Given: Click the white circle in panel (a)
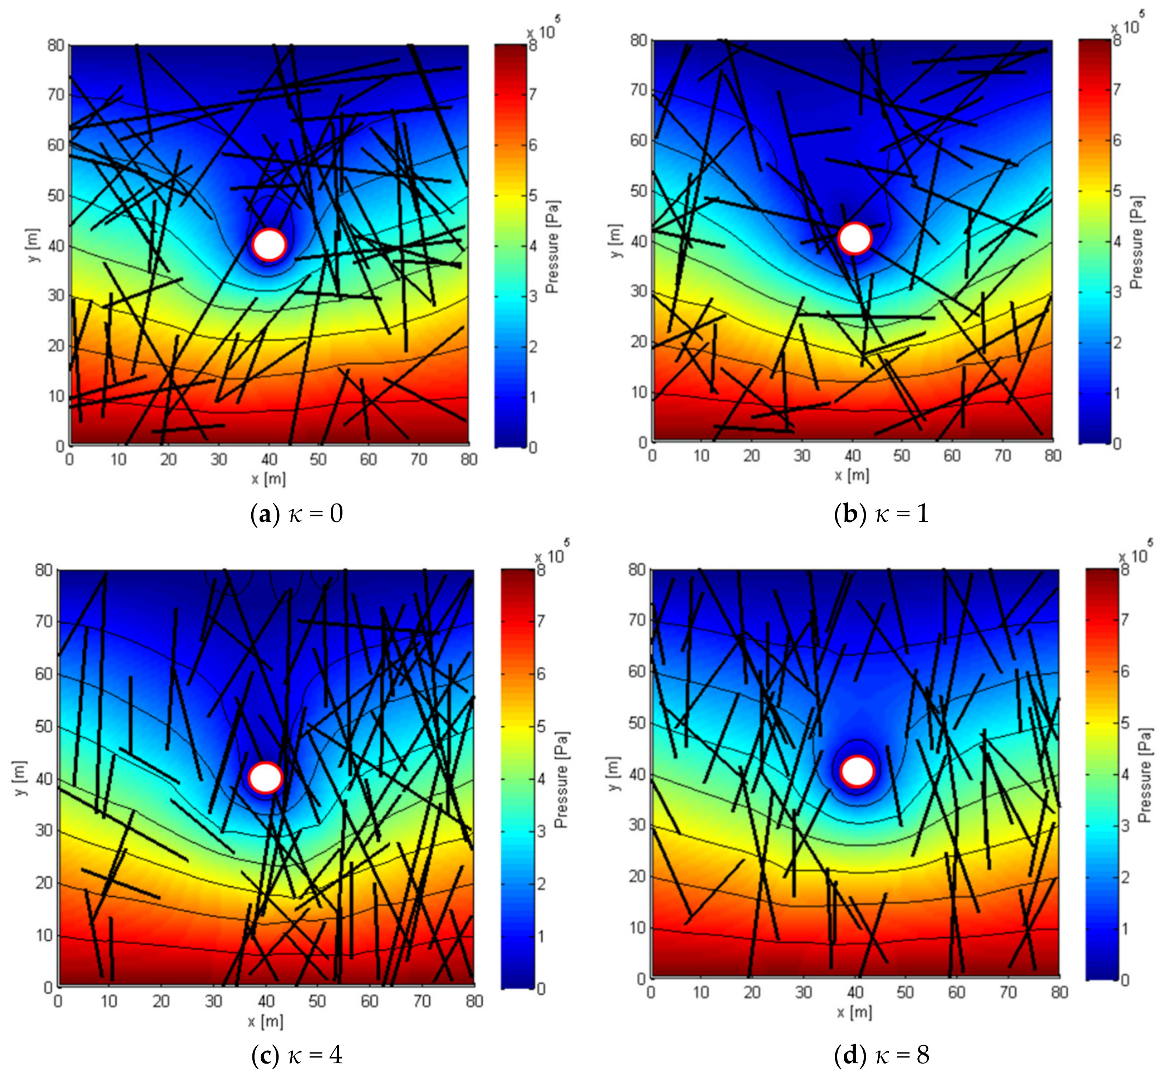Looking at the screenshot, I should click(270, 244).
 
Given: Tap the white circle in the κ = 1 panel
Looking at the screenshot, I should click(855, 239).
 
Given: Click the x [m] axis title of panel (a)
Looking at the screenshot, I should click(269, 479).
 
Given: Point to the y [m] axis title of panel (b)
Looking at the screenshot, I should click(615, 240).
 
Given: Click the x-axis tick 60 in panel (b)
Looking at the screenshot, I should click(952, 455).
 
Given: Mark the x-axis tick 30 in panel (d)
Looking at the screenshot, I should click(803, 992).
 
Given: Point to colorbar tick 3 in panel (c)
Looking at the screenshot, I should click(541, 830).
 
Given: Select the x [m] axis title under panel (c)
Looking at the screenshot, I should click(265, 1021).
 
